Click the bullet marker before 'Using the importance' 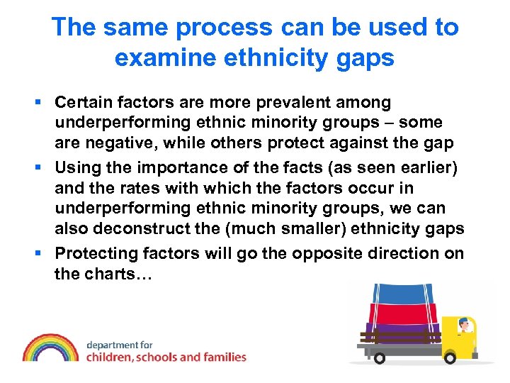point(44,168)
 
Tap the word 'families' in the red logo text point(222,357)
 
